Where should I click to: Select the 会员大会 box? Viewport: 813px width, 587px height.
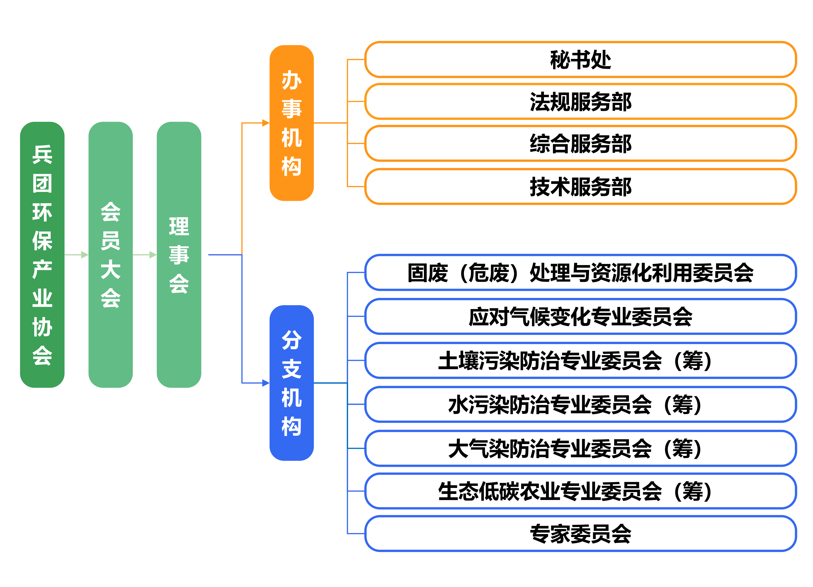point(110,255)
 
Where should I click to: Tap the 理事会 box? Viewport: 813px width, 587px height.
point(179,255)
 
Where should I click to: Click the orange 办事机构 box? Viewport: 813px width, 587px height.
point(292,123)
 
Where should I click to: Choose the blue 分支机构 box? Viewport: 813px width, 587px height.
point(292,383)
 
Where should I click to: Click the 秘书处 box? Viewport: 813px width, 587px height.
point(580,59)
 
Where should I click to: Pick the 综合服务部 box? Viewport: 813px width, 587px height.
point(580,144)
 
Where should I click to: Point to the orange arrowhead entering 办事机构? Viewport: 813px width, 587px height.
point(266,123)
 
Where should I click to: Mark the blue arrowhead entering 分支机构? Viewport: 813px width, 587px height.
point(266,383)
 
